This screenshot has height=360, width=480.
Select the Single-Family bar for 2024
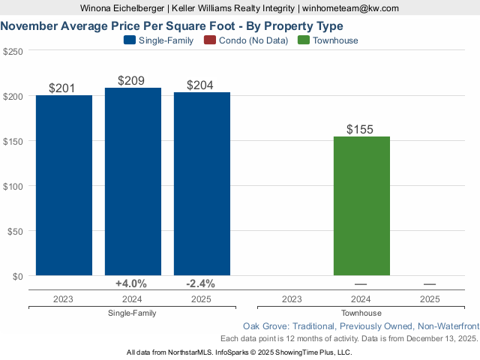(133, 181)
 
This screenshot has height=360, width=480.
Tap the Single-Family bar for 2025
(202, 184)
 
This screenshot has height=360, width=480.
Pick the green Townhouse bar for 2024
(361, 205)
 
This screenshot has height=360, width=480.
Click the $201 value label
(61, 88)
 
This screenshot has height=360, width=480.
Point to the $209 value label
(131, 80)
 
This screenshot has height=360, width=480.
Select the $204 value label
(201, 85)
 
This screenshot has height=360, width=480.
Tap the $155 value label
(360, 129)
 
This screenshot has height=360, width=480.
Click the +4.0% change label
(131, 283)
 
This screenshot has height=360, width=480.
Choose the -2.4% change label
(200, 283)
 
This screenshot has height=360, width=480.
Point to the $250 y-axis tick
(13, 51)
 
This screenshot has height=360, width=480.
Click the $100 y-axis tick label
(13, 186)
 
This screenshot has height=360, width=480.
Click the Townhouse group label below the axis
(361, 313)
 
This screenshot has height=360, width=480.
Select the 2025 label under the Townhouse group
(430, 298)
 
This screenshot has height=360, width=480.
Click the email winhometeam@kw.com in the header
(351, 8)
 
